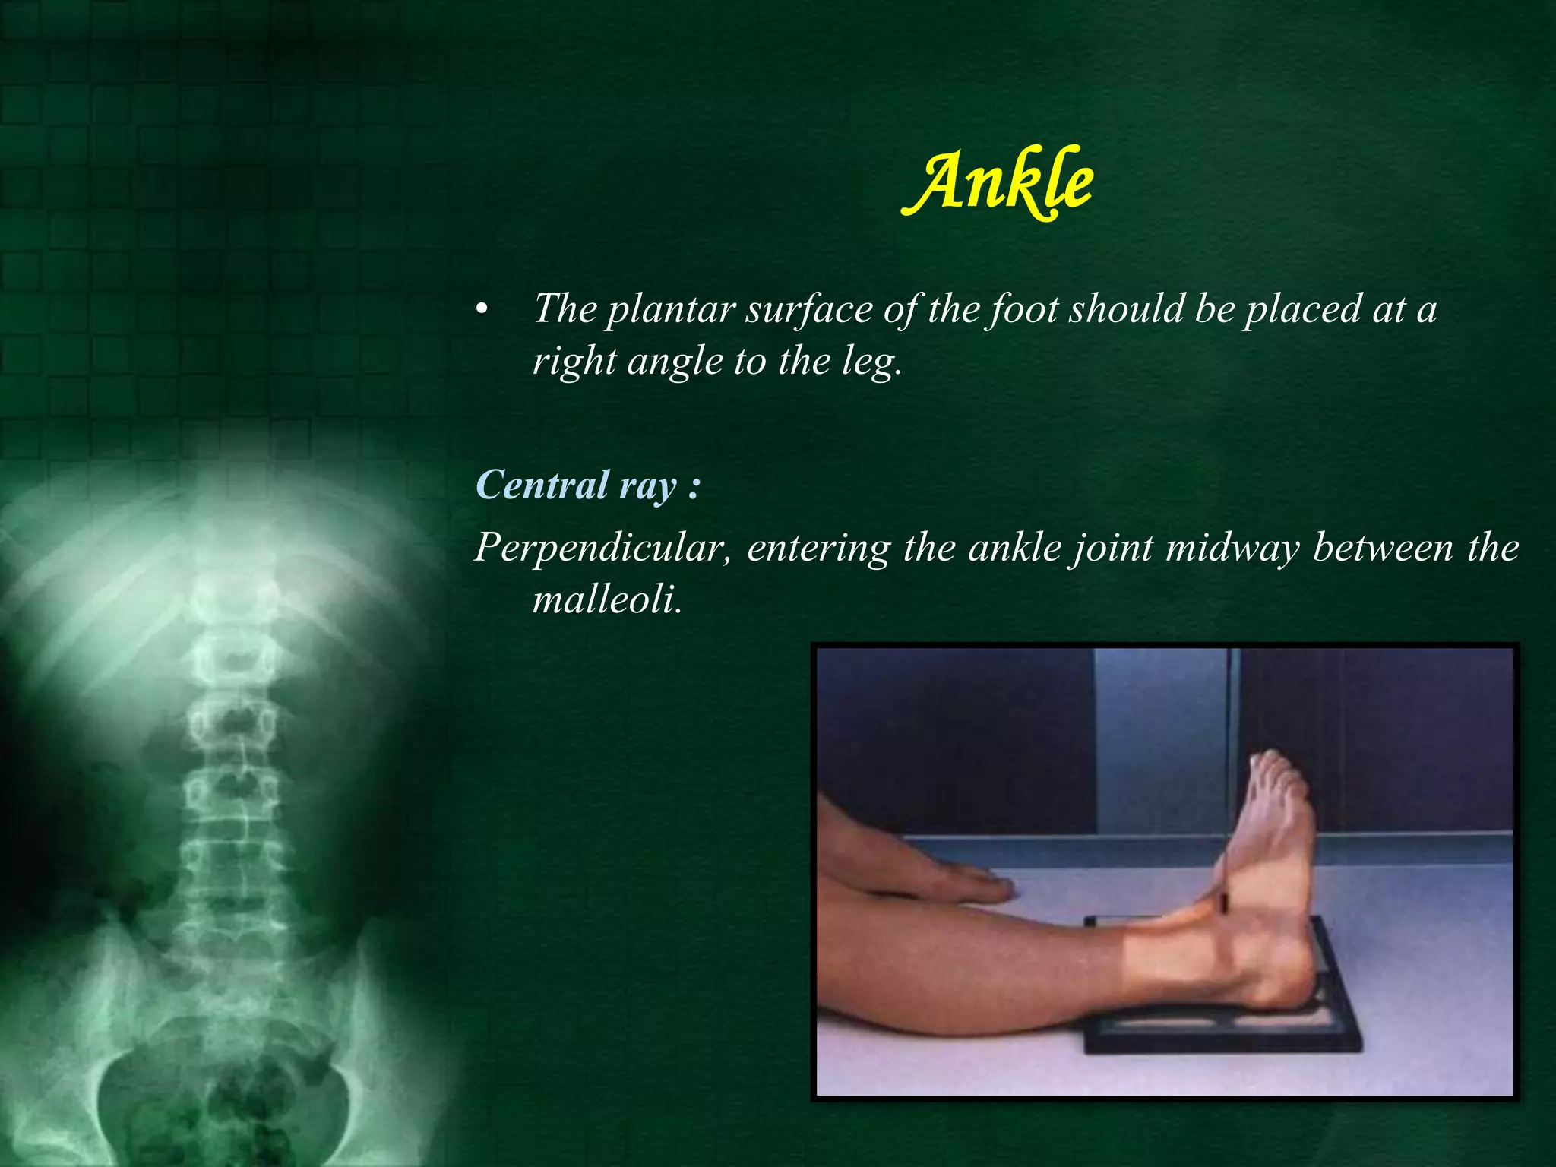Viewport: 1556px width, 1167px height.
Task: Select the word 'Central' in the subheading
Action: point(542,485)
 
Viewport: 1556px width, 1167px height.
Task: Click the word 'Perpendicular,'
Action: point(603,547)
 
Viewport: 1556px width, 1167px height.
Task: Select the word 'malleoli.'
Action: point(606,600)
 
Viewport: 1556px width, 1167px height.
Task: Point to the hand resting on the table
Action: point(927,874)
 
